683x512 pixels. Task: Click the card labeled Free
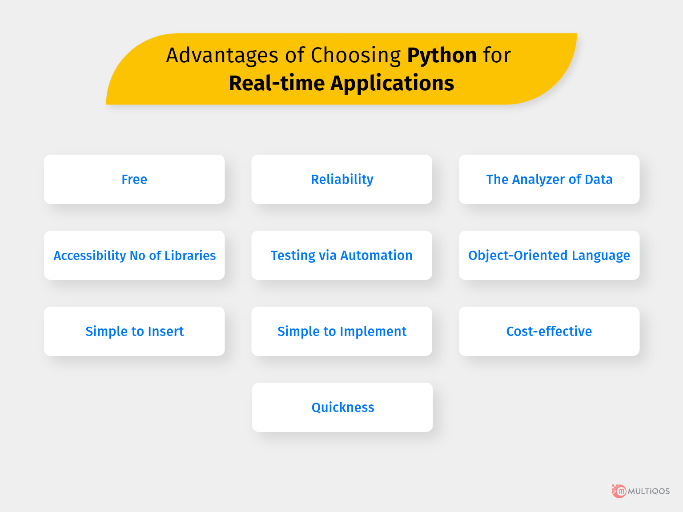point(134,180)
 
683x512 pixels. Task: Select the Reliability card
point(341,180)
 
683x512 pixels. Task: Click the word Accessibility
point(90,256)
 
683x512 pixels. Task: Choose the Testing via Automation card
point(341,256)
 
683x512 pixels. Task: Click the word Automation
point(376,256)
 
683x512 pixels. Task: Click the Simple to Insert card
point(134,332)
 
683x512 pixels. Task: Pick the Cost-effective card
point(549,332)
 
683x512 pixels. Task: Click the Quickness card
point(342,408)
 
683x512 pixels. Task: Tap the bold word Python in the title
point(442,56)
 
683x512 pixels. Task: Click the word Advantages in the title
point(222,56)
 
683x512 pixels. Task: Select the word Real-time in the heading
point(276,84)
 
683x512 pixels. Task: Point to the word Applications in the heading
point(392,84)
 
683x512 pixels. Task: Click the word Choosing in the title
point(356,56)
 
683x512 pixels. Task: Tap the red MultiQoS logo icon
point(619,491)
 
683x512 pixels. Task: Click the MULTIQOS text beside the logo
point(649,491)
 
